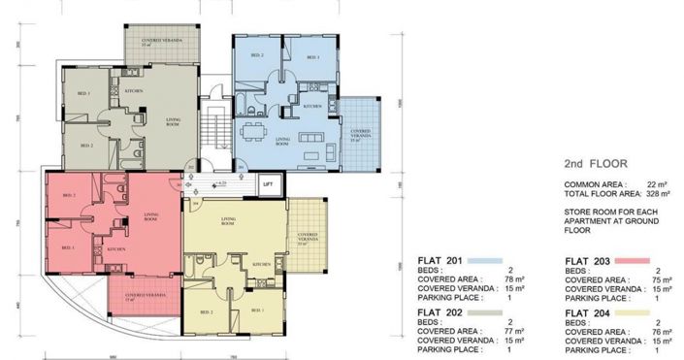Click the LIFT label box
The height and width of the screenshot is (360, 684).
[268, 181]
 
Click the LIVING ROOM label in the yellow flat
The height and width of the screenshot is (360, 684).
[229, 222]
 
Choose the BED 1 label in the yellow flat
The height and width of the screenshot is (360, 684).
[256, 310]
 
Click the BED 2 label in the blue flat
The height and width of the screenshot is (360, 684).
[256, 56]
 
